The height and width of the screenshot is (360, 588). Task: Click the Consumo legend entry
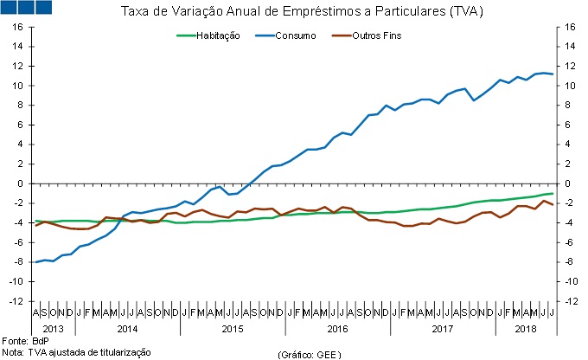pyautogui.click(x=298, y=35)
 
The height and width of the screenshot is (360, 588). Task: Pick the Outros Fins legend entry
pyautogui.click(x=377, y=35)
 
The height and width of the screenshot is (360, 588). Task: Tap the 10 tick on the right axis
pyautogui.click(x=571, y=86)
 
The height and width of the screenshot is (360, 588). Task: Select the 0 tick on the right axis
pyautogui.click(x=568, y=183)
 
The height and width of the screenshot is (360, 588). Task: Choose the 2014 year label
pyautogui.click(x=127, y=330)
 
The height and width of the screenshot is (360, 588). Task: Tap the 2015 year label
pyautogui.click(x=233, y=330)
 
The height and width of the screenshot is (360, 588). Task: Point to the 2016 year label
pyautogui.click(x=338, y=330)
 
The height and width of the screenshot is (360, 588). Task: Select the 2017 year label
pyautogui.click(x=443, y=330)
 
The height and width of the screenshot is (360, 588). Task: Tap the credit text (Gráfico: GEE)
pyautogui.click(x=310, y=354)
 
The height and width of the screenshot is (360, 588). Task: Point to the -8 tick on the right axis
pyautogui.click(x=570, y=261)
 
